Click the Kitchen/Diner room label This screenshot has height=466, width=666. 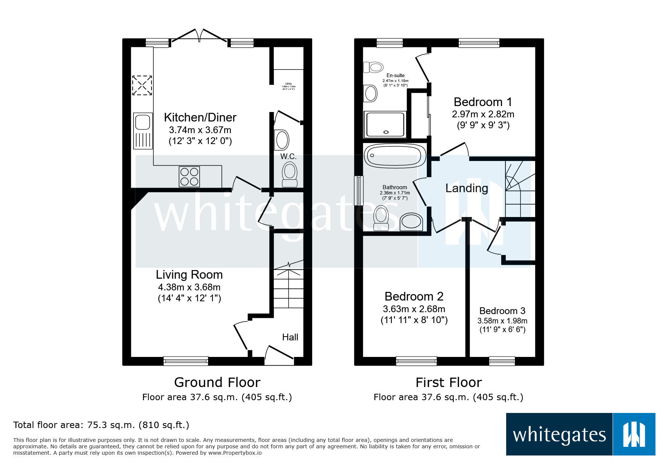(200, 117)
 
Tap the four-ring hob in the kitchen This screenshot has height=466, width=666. (189, 177)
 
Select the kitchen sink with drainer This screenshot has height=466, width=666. (143, 131)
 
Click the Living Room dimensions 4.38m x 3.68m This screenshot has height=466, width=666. (189, 287)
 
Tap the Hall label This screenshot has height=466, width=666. (290, 337)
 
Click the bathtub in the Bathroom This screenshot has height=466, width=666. (394, 155)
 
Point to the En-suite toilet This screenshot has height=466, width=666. (373, 67)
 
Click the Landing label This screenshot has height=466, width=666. (467, 188)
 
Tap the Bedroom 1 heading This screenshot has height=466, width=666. (483, 102)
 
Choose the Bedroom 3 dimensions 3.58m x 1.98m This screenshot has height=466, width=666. (502, 321)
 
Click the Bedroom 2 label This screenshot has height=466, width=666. (414, 296)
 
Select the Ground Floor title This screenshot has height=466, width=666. (217, 383)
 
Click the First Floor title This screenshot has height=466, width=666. (449, 383)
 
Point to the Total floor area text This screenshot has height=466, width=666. (101, 425)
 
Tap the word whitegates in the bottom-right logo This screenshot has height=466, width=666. (559, 435)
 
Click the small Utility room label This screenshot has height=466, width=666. (288, 84)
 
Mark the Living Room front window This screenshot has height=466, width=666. (186, 361)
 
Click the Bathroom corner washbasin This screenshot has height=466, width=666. (411, 222)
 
